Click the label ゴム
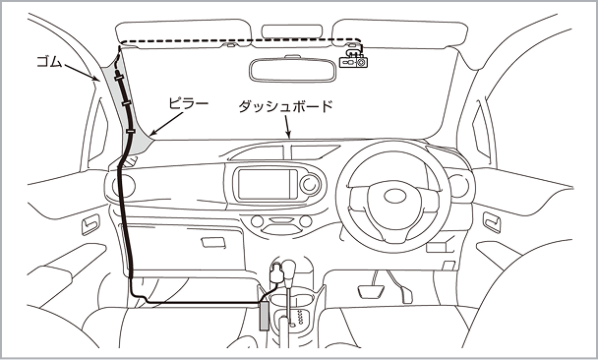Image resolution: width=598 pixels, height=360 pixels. point(49,62)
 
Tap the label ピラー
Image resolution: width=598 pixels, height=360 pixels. point(189,103)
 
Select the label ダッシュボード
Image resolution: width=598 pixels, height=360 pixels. point(285,106)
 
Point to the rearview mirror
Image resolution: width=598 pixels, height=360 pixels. point(292,70)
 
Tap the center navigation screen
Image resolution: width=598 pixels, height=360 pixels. point(268,185)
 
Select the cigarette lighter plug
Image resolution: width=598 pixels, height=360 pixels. point(275,273)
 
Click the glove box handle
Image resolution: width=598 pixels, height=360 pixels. point(213,242)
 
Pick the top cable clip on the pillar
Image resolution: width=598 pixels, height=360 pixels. point(119,78)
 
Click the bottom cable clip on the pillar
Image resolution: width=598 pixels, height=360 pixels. point(131,131)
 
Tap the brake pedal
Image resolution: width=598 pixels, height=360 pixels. point(373,292)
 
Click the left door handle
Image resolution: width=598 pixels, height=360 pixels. point(90,224)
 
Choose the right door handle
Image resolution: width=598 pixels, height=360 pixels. point(492,222)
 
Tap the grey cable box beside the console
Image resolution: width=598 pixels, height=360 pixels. point(264,316)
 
